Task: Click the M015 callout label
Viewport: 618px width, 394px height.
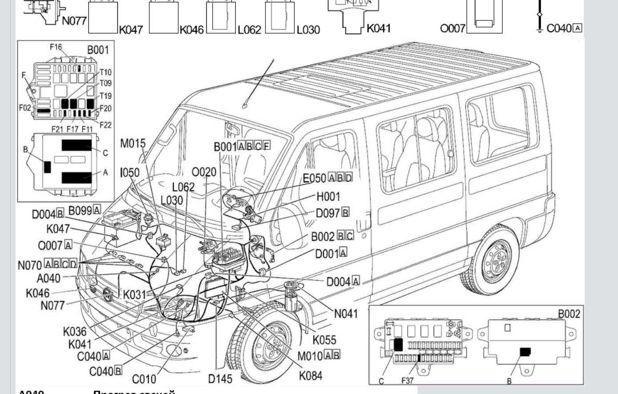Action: (x=133, y=144)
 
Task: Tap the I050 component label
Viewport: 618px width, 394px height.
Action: (x=130, y=172)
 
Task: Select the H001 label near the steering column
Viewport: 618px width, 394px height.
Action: (x=328, y=197)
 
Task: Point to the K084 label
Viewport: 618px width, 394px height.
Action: (x=310, y=375)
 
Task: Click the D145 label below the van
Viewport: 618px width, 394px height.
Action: (x=220, y=379)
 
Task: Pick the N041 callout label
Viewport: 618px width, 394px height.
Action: (x=345, y=314)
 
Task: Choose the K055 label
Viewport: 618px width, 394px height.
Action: (x=324, y=340)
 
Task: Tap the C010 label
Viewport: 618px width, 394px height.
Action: (x=144, y=379)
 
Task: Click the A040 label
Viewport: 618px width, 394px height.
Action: (x=48, y=278)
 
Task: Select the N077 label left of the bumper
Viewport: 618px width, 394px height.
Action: (x=52, y=306)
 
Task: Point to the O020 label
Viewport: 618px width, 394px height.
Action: (x=204, y=172)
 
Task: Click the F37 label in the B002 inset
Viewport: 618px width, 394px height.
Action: (x=407, y=381)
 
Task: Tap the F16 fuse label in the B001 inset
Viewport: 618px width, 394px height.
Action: (x=56, y=47)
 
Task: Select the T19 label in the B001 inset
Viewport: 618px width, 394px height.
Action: (x=105, y=96)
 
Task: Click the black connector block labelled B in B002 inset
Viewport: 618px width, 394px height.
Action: (x=525, y=352)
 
